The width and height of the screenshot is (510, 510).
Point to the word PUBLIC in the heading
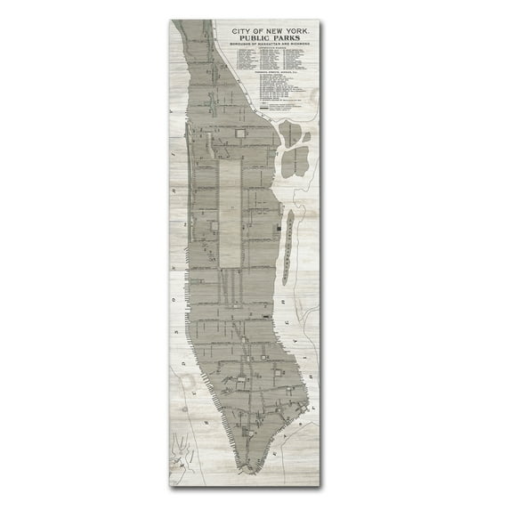[256, 39]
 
